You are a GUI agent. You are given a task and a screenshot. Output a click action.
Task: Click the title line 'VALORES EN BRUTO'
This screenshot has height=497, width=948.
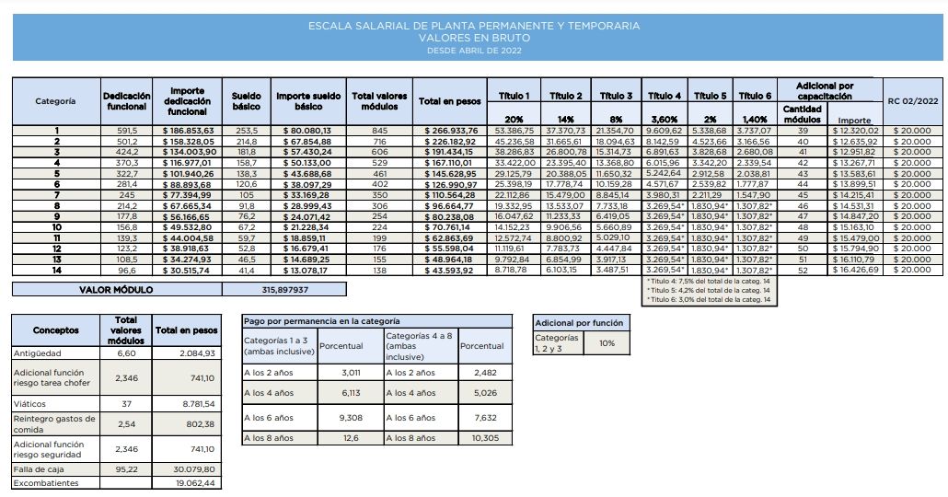click(474, 39)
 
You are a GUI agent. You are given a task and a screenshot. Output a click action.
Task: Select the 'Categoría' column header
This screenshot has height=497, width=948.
click(54, 100)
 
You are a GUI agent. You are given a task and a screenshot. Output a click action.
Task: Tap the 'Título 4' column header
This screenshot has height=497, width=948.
click(665, 96)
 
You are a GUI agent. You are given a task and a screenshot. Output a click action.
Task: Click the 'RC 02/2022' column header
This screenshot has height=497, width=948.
click(909, 100)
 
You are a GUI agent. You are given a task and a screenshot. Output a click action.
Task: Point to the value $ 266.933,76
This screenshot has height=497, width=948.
click(452, 131)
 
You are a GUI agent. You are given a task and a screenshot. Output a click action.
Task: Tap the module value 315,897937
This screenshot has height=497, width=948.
click(286, 289)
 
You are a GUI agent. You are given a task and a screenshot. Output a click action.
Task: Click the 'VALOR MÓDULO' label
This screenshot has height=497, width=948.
click(120, 289)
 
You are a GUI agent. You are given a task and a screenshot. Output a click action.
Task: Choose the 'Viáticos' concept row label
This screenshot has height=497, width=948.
click(31, 402)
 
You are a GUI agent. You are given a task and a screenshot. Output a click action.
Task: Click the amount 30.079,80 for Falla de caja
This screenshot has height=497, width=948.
click(194, 468)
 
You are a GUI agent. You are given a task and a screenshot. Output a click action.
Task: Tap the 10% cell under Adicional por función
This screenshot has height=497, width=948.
click(607, 342)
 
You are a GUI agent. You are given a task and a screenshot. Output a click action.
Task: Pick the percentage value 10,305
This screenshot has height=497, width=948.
click(484, 437)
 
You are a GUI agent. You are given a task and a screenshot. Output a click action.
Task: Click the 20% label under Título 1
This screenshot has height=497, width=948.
click(514, 119)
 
